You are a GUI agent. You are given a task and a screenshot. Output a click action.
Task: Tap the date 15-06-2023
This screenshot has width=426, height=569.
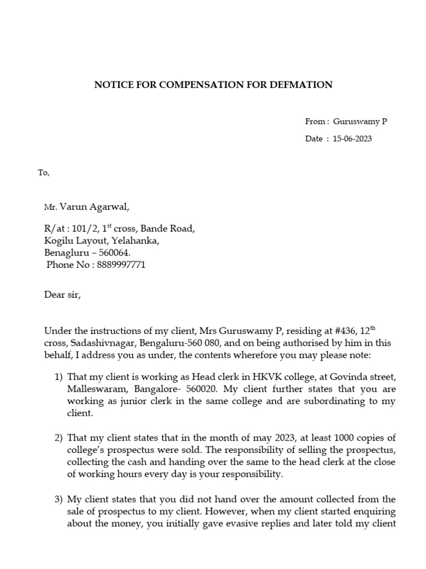pyautogui.click(x=352, y=139)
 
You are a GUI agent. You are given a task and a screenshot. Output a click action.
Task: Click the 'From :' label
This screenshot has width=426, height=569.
pyautogui.click(x=317, y=122)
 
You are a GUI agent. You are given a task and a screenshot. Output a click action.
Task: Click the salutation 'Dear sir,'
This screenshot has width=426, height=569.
pyautogui.click(x=63, y=295)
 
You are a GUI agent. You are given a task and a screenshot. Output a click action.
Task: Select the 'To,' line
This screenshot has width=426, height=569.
pyautogui.click(x=44, y=173)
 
